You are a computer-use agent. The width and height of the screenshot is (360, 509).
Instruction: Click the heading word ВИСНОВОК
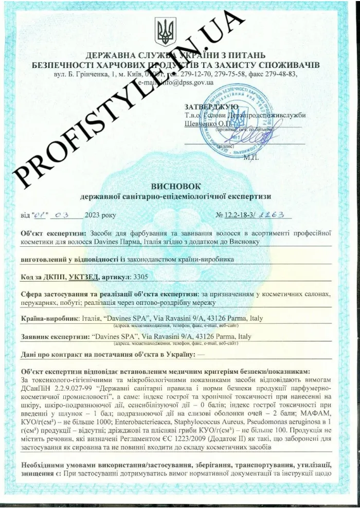pyautogui.click(x=179, y=186)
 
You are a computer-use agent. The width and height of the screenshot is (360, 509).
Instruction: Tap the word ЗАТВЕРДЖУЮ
pyautogui.click(x=211, y=106)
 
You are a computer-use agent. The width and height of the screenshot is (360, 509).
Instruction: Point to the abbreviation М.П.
pyautogui.click(x=251, y=157)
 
